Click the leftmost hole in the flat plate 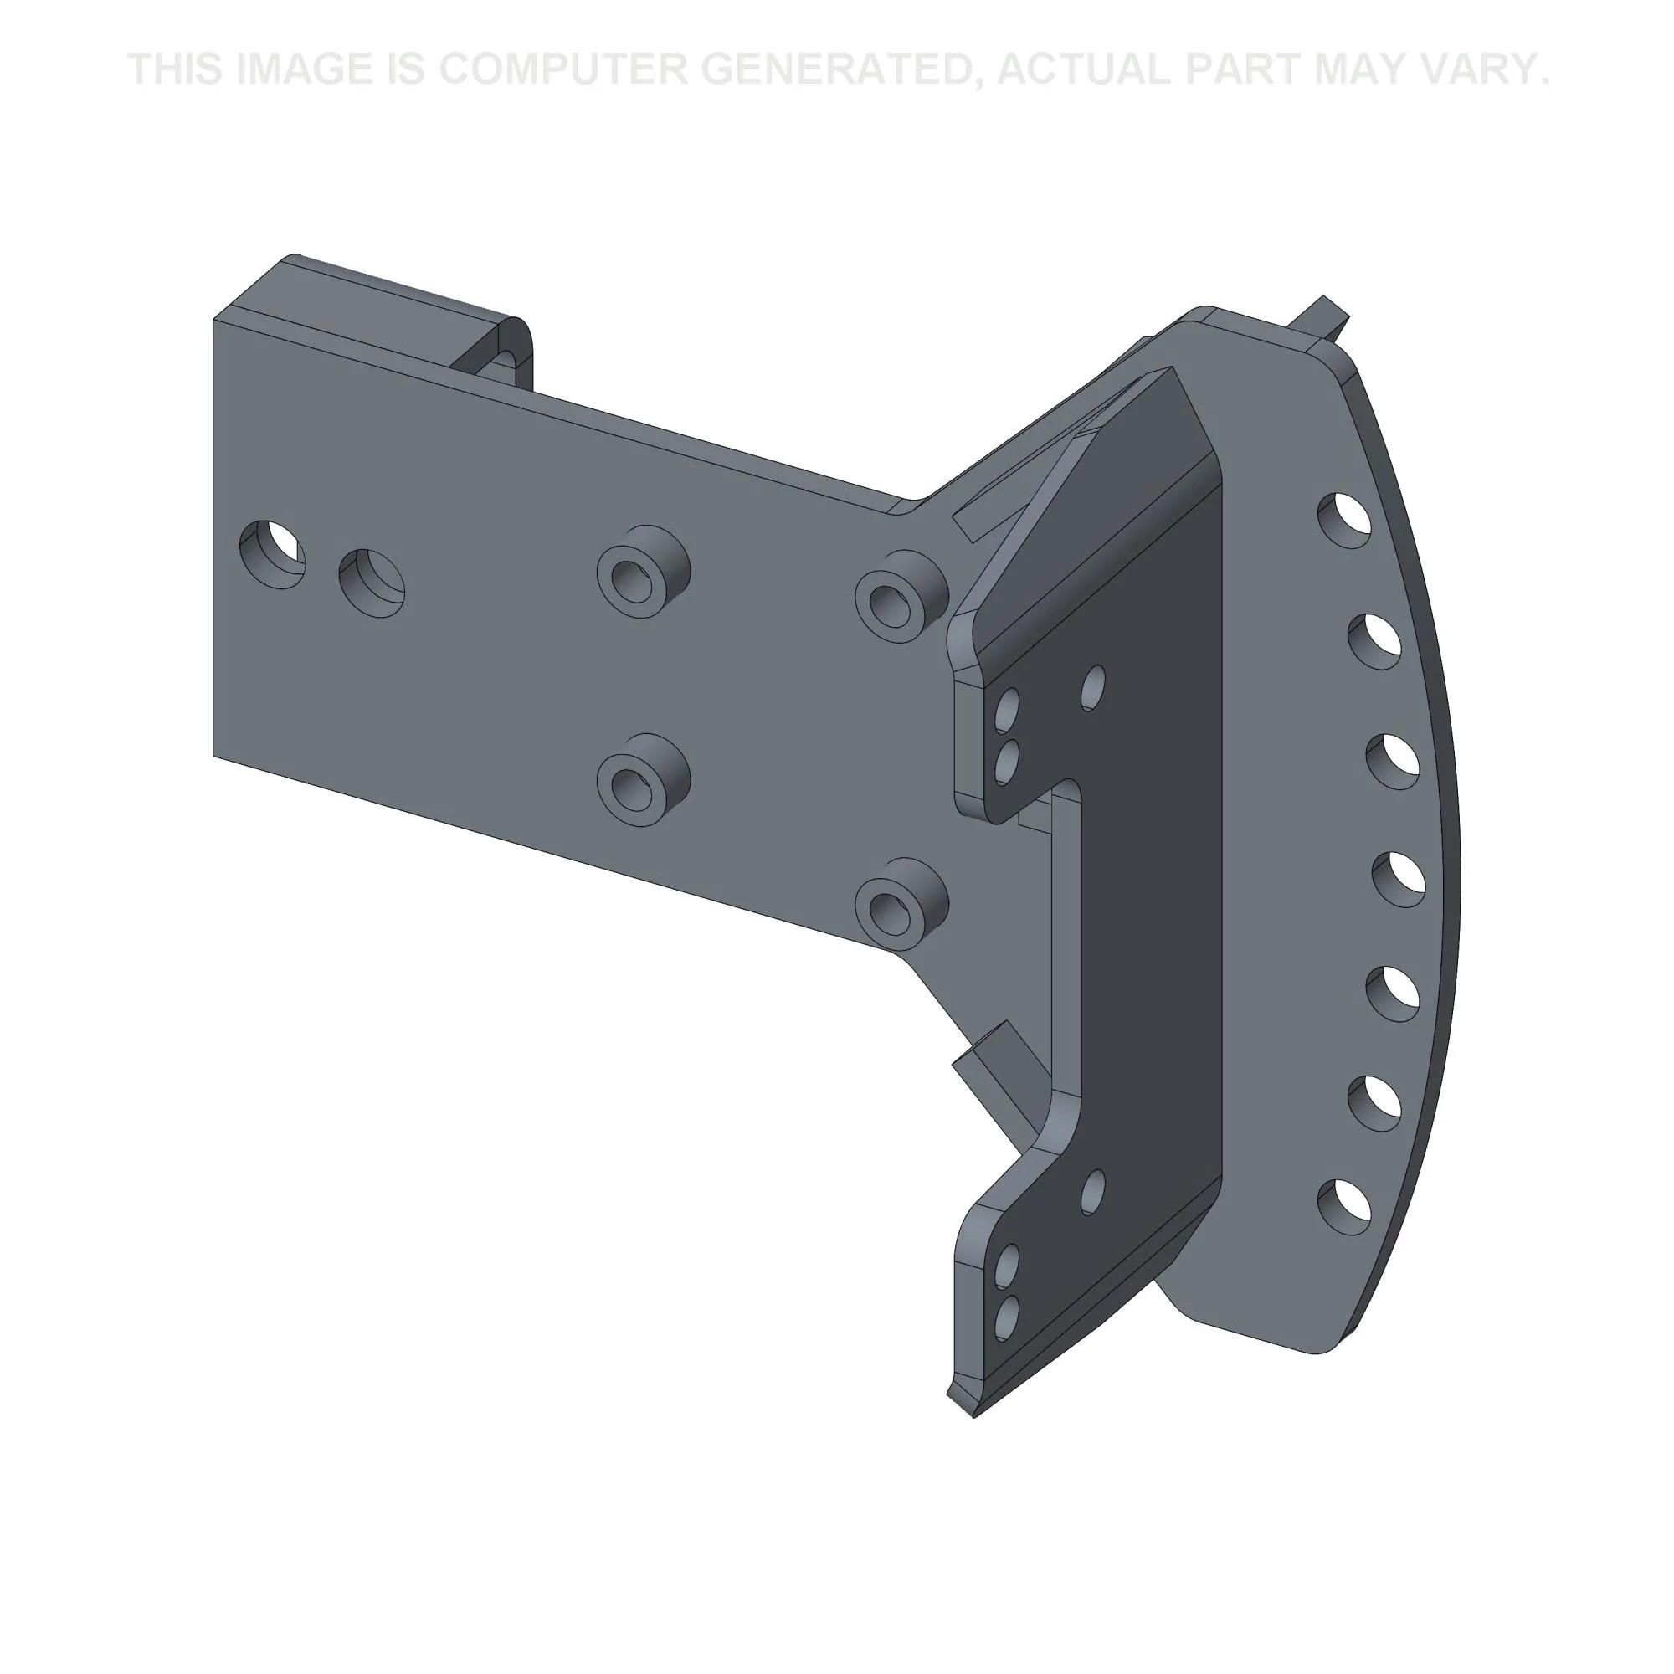272,555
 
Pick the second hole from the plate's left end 372,583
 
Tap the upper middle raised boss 643,570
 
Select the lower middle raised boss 643,778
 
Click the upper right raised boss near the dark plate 901,595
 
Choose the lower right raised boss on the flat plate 901,904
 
